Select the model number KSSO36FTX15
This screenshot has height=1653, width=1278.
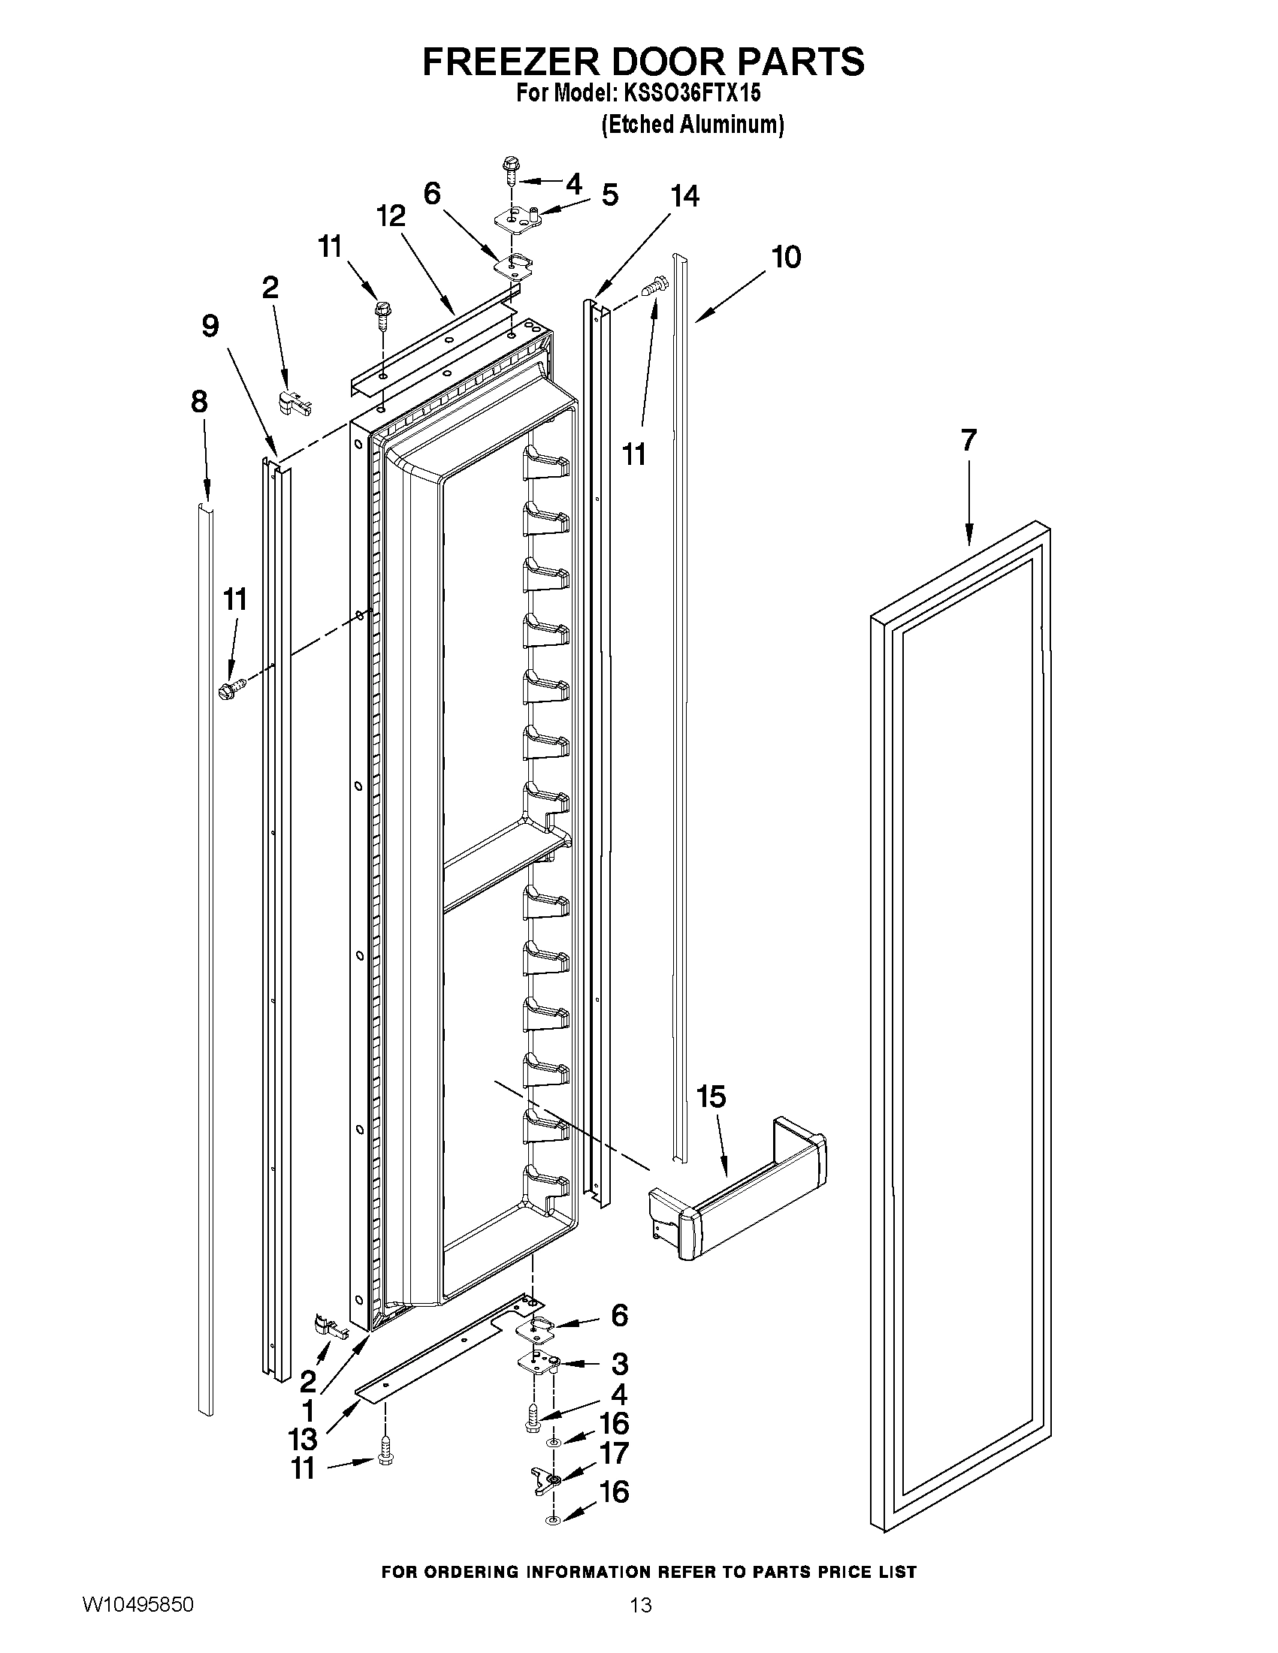pyautogui.click(x=691, y=94)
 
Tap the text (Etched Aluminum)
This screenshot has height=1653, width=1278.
pyautogui.click(x=692, y=124)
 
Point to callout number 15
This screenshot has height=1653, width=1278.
pyautogui.click(x=712, y=1096)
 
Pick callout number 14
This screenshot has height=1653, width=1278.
pyautogui.click(x=684, y=197)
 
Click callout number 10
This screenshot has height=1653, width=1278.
pyautogui.click(x=786, y=258)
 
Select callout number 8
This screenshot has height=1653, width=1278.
pyautogui.click(x=199, y=402)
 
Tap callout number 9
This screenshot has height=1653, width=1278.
pyautogui.click(x=210, y=326)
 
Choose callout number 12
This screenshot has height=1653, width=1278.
pyautogui.click(x=391, y=217)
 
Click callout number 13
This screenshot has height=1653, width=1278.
pyautogui.click(x=302, y=1439)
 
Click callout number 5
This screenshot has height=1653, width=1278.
pyautogui.click(x=609, y=195)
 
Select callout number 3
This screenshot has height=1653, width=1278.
pyautogui.click(x=619, y=1364)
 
